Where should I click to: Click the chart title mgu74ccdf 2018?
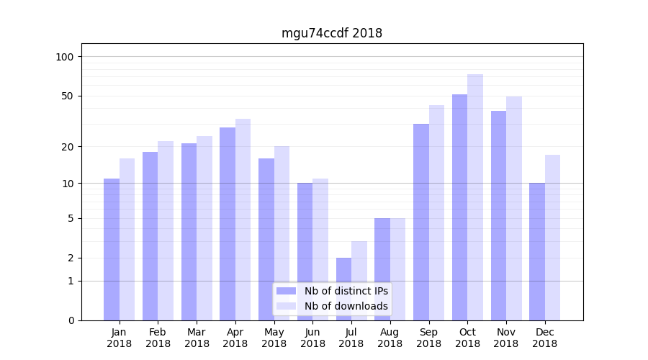click(331, 34)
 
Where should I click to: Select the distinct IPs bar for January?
click(112, 249)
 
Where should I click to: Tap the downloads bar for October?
click(475, 197)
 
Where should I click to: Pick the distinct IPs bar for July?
click(343, 289)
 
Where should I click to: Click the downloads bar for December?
click(552, 238)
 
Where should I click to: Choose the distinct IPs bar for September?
click(421, 222)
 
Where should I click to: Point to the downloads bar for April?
click(243, 220)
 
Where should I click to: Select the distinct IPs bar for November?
click(498, 215)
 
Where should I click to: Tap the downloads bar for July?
click(359, 281)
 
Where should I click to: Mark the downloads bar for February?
click(166, 230)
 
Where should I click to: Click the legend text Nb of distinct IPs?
click(346, 291)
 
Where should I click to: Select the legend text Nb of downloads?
click(346, 306)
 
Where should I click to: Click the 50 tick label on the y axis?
click(68, 96)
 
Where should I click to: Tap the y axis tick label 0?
click(71, 320)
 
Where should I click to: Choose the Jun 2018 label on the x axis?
click(312, 338)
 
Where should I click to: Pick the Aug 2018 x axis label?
click(390, 338)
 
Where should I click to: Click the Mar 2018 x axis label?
click(197, 338)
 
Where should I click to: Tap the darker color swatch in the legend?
click(287, 291)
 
